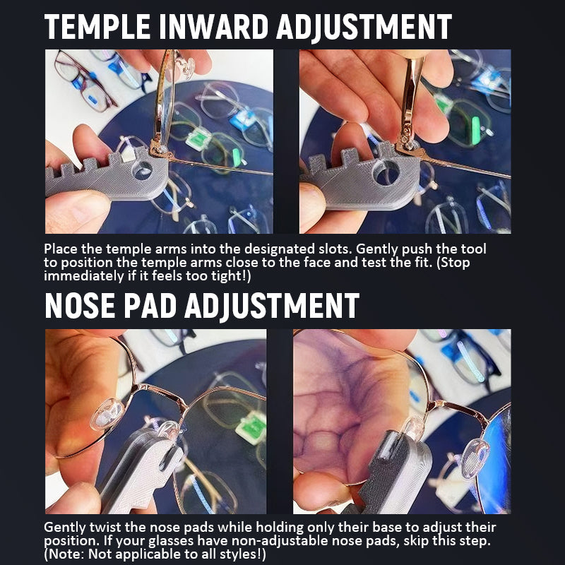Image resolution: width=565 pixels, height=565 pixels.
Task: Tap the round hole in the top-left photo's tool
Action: tap(142, 169)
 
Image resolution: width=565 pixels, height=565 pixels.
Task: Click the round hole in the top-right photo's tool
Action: tap(386, 172)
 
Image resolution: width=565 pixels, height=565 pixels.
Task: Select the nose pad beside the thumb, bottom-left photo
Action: tap(107, 415)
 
